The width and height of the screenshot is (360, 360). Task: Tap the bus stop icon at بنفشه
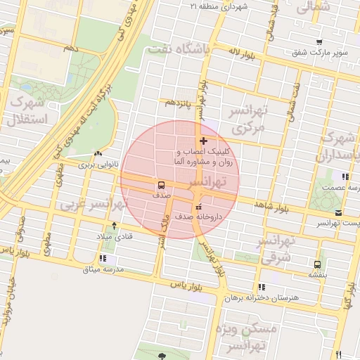[319, 265]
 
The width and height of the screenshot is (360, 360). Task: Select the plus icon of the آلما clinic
[204, 141]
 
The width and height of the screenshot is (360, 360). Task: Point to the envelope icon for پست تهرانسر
[339, 212]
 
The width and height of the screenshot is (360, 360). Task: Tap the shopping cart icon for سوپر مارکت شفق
[320, 42]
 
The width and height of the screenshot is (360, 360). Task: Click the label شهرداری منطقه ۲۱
[215, 6]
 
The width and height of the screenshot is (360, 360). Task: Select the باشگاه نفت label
[175, 50]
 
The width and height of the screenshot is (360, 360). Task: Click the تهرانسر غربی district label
[91, 204]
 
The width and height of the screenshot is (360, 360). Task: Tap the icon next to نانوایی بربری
[98, 153]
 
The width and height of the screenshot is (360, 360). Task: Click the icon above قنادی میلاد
[115, 226]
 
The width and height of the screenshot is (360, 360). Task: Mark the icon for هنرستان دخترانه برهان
[262, 287]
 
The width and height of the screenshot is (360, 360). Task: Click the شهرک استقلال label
[27, 111]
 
